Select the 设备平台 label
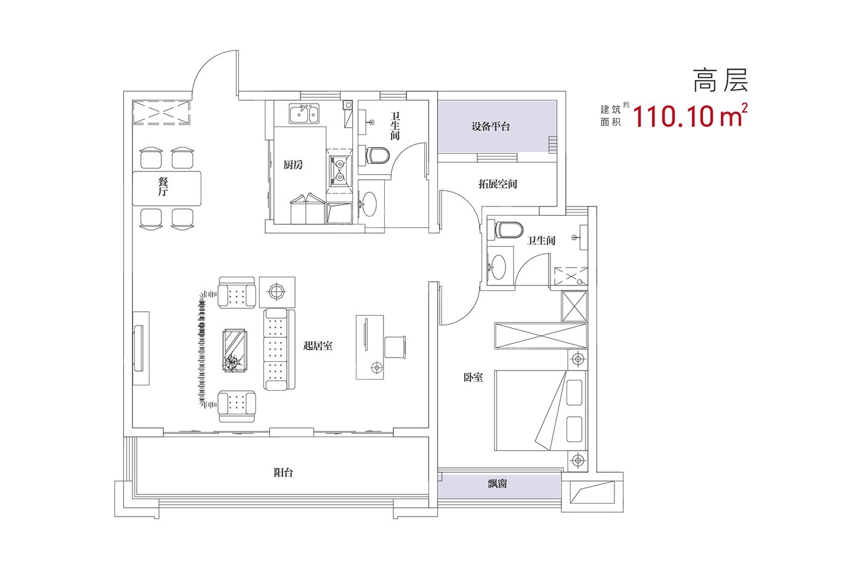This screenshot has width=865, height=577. point(491,127)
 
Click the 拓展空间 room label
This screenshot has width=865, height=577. point(497,184)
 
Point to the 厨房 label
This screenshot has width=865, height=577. point(294,165)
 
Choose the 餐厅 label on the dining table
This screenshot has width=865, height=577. point(163,186)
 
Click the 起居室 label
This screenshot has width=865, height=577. point(318,346)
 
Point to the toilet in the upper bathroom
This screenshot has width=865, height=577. point(377,155)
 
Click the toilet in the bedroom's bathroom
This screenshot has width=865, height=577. point(507,229)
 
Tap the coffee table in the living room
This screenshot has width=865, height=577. point(235,350)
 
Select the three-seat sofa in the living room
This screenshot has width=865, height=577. point(276,349)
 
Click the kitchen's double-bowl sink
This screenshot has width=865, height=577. point(305,114)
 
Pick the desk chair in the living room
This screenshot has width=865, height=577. point(394,346)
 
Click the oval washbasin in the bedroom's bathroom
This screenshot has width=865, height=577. point(498,266)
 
